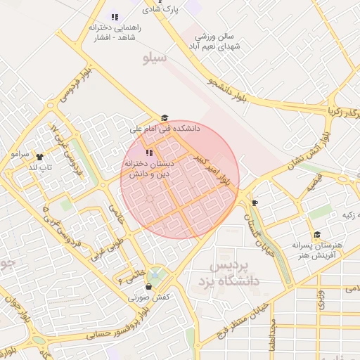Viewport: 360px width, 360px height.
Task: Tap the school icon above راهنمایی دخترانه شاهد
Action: click(x=115, y=17)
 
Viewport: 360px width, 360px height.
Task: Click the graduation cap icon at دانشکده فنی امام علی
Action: click(x=165, y=118)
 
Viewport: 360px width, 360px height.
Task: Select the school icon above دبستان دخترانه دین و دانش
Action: click(x=148, y=153)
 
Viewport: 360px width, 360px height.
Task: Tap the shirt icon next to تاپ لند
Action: click(x=38, y=157)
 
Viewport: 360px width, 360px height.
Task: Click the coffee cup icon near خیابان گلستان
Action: click(x=254, y=203)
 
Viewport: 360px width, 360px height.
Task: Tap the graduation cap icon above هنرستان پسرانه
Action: click(x=317, y=234)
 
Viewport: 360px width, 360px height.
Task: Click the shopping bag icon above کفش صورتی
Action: click(x=148, y=287)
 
